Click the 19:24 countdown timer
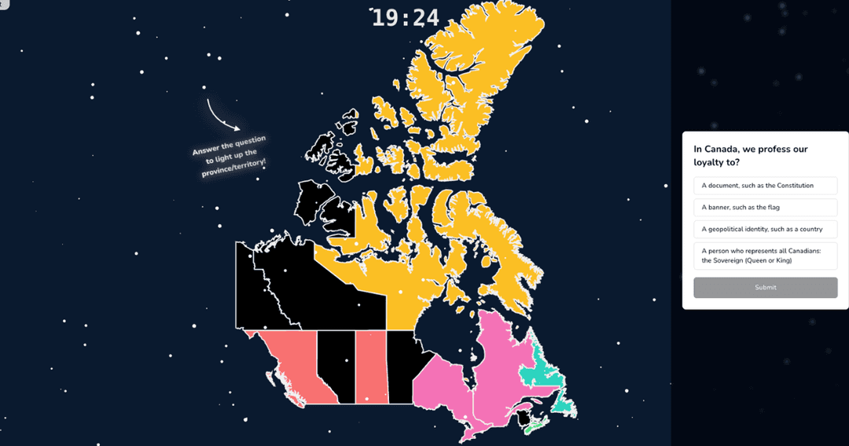tap(405, 17)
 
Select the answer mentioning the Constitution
tap(765, 186)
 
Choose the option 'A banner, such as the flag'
tap(765, 208)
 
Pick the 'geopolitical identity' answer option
tap(765, 230)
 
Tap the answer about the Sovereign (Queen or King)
tap(765, 256)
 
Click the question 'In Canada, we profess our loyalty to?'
tap(751, 155)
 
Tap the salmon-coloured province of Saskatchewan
tap(370, 366)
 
